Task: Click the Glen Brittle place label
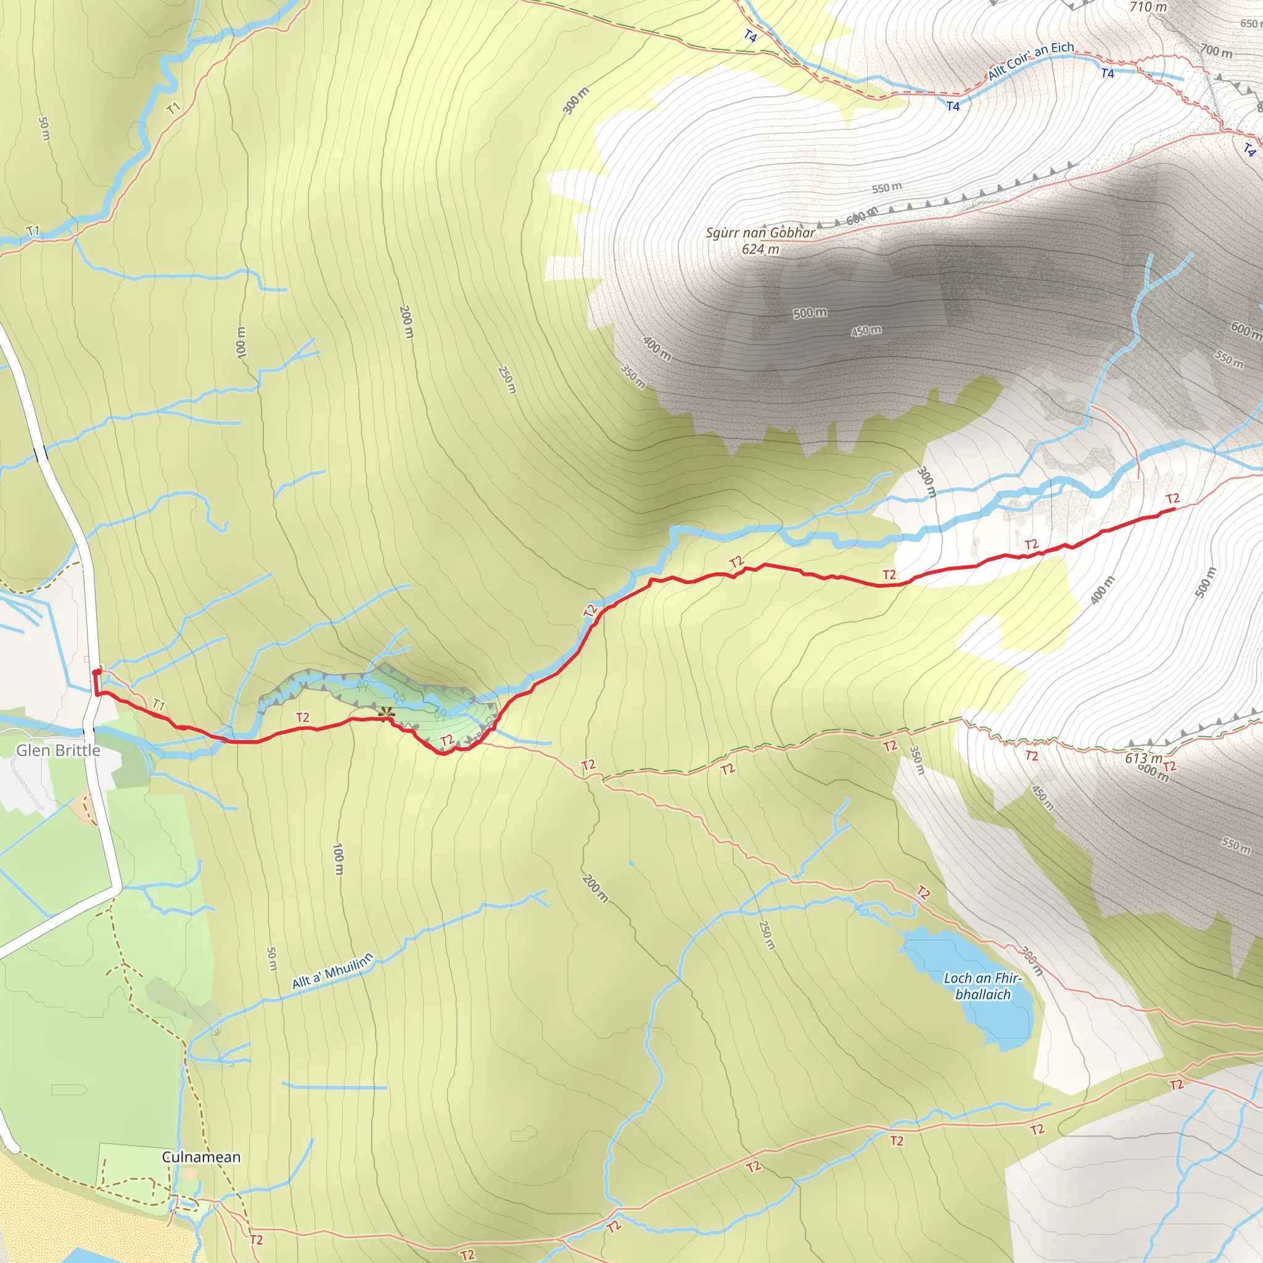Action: coord(58,750)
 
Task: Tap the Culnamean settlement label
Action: coord(201,1156)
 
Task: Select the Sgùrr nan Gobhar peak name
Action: coord(760,232)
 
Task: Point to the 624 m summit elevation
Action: coord(760,249)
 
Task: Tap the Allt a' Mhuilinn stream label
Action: coord(332,971)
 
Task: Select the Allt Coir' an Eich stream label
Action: coord(1031,60)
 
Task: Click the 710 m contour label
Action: coord(1148,7)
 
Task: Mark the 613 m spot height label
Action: coord(1143,759)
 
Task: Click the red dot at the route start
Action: coord(96,672)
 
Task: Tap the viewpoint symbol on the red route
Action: coord(385,712)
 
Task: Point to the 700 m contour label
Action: coord(1216,51)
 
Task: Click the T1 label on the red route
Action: coord(159,704)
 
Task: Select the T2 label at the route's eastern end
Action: coord(1172,499)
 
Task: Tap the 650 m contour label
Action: coord(1250,23)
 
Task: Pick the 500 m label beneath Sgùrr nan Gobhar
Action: coord(810,313)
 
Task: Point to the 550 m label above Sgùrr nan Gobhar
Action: coord(886,188)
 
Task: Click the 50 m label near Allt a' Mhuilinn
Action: coord(272,958)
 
